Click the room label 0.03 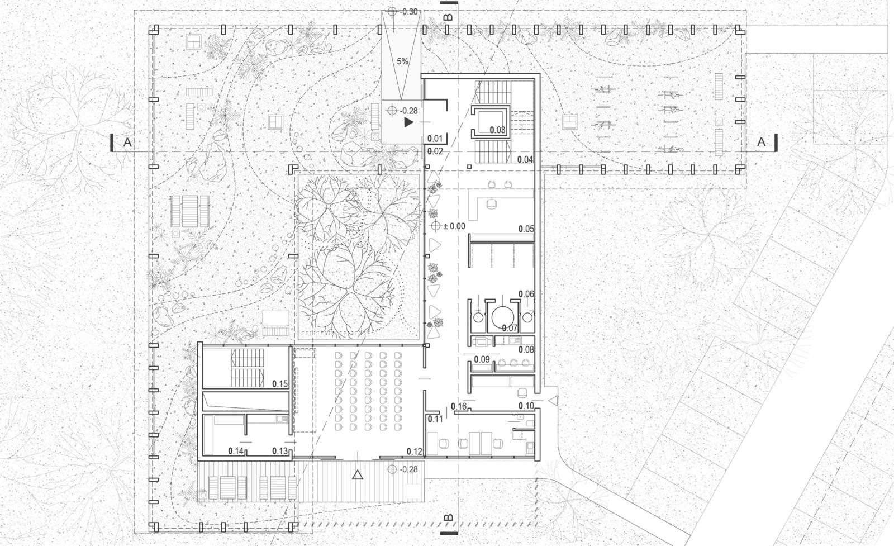pyautogui.click(x=498, y=130)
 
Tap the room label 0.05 pyautogui.click(x=526, y=229)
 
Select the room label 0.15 pyautogui.click(x=280, y=384)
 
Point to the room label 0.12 pyautogui.click(x=414, y=452)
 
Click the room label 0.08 pyautogui.click(x=526, y=350)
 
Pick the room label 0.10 pyautogui.click(x=526, y=406)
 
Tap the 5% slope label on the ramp pyautogui.click(x=402, y=61)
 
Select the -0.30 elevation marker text pyautogui.click(x=408, y=12)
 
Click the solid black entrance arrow pyautogui.click(x=408, y=122)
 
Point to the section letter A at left pyautogui.click(x=127, y=142)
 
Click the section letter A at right pyautogui.click(x=761, y=142)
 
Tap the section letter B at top pyautogui.click(x=449, y=17)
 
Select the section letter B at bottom pyautogui.click(x=449, y=518)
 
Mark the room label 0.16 pyautogui.click(x=459, y=407)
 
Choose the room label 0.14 pyautogui.click(x=236, y=451)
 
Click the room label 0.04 pyautogui.click(x=525, y=160)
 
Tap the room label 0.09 pyautogui.click(x=482, y=359)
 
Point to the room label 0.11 pyautogui.click(x=435, y=419)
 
